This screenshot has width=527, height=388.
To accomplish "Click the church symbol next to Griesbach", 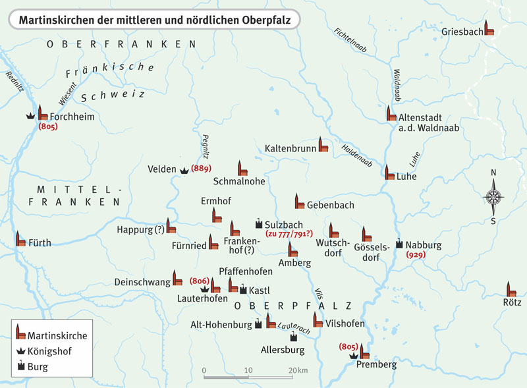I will coord(489,28).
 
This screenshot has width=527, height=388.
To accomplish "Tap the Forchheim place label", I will coord(69,117).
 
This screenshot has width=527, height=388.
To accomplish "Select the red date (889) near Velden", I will coord(201,169).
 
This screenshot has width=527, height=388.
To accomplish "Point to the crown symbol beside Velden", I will coord(183,170).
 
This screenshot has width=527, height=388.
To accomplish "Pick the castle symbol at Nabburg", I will coord(399,242).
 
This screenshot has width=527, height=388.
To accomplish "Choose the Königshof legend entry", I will coord(49,350).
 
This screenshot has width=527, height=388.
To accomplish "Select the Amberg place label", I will coord(294,263).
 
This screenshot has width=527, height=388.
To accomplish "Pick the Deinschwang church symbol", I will coord(177,278).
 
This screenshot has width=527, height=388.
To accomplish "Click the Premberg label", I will coord(375,364).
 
